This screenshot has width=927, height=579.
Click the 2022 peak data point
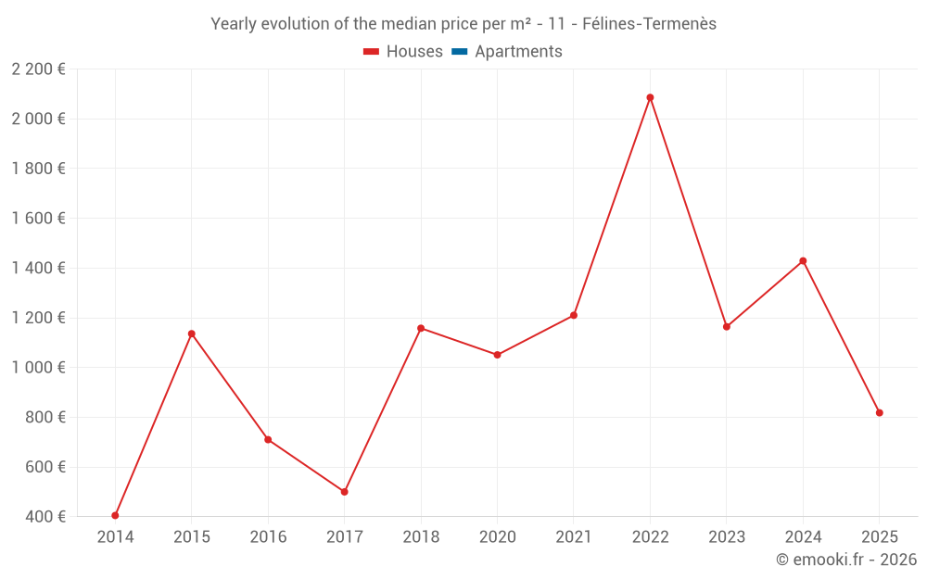(x=650, y=97)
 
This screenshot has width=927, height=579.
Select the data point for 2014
(x=115, y=515)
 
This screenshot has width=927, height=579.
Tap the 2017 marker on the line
(x=344, y=492)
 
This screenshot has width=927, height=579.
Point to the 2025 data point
(x=879, y=413)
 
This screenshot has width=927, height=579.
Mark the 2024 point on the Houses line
(x=803, y=261)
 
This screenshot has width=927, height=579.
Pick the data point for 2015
(x=192, y=334)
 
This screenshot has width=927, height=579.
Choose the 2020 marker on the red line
(x=497, y=355)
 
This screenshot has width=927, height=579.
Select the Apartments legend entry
(x=518, y=52)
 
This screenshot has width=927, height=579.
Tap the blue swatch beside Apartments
(x=459, y=52)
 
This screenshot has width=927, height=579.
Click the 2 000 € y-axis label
(x=38, y=119)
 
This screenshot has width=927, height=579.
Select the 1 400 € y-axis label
(x=38, y=268)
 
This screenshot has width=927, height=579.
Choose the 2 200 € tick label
(x=38, y=69)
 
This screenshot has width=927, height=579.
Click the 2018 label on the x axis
(x=421, y=536)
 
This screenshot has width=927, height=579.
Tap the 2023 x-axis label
(x=727, y=536)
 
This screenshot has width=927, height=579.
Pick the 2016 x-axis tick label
(x=268, y=536)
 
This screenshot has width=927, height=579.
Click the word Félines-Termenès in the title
(x=649, y=24)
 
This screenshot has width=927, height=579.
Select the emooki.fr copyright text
(x=846, y=560)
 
